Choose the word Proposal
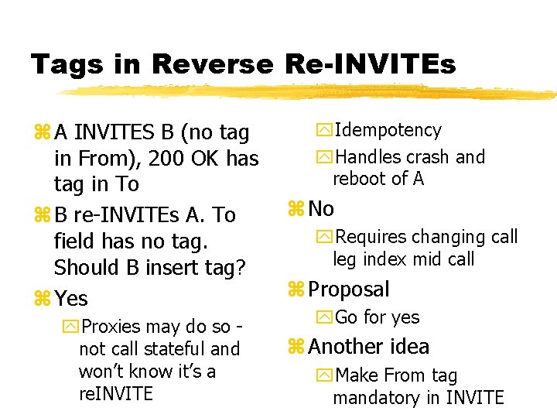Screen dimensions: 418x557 pos(349,290)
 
